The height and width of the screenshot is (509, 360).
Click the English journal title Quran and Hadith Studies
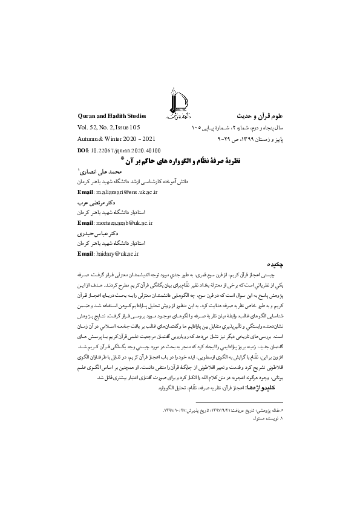tap(113, 114)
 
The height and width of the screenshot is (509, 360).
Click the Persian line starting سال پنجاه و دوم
tap(238, 128)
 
